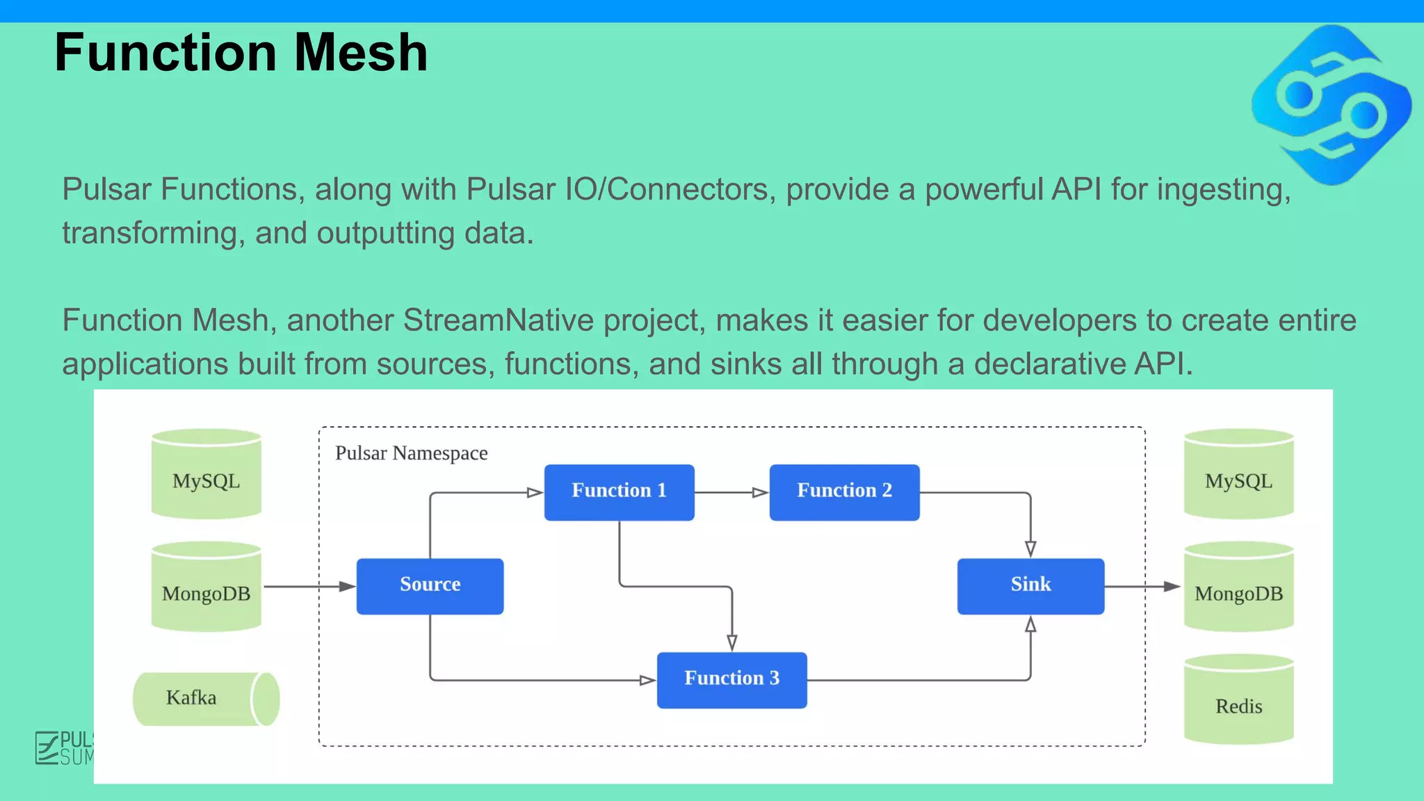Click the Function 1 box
(x=619, y=492)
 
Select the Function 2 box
(x=844, y=492)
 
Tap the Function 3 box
(x=731, y=679)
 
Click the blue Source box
(x=430, y=585)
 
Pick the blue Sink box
(x=1030, y=585)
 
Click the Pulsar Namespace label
(x=411, y=453)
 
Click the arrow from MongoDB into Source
(x=309, y=586)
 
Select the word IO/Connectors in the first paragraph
(x=667, y=189)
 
